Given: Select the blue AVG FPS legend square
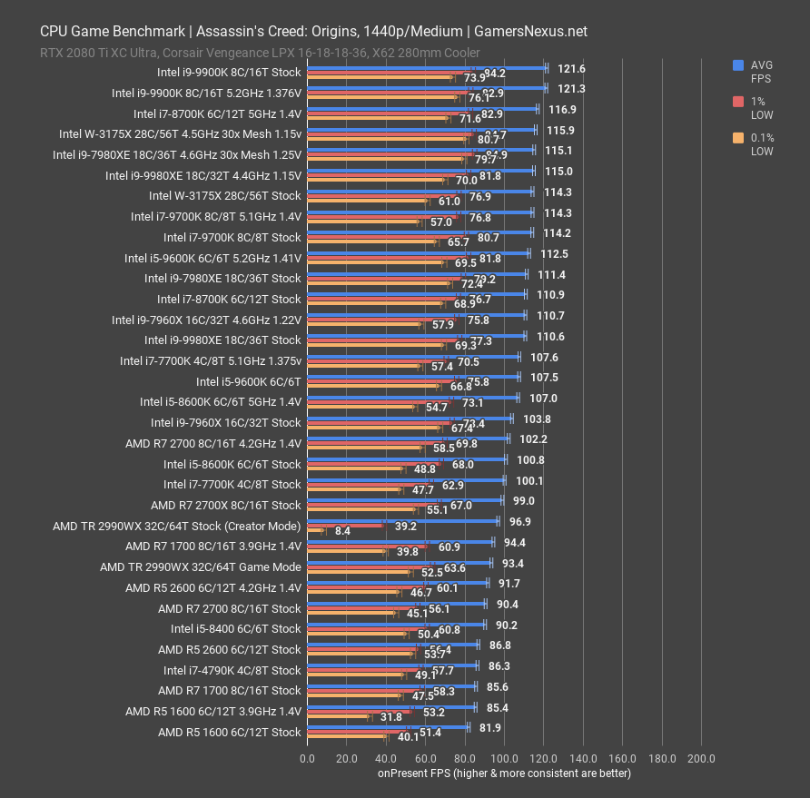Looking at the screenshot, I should [x=738, y=64].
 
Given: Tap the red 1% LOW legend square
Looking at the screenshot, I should [x=738, y=103].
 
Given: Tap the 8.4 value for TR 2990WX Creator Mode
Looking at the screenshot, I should [x=342, y=531].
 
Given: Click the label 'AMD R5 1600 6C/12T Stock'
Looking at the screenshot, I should [x=229, y=732].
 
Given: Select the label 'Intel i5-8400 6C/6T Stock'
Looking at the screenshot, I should [x=235, y=628].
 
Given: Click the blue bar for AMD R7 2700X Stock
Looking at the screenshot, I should [x=404, y=499].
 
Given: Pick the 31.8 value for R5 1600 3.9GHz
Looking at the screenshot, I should [x=391, y=717].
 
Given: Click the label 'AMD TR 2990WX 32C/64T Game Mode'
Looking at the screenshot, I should [x=200, y=566].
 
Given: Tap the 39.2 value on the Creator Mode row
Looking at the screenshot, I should [x=405, y=526].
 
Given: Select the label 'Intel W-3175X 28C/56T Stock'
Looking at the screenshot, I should [x=224, y=195].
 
